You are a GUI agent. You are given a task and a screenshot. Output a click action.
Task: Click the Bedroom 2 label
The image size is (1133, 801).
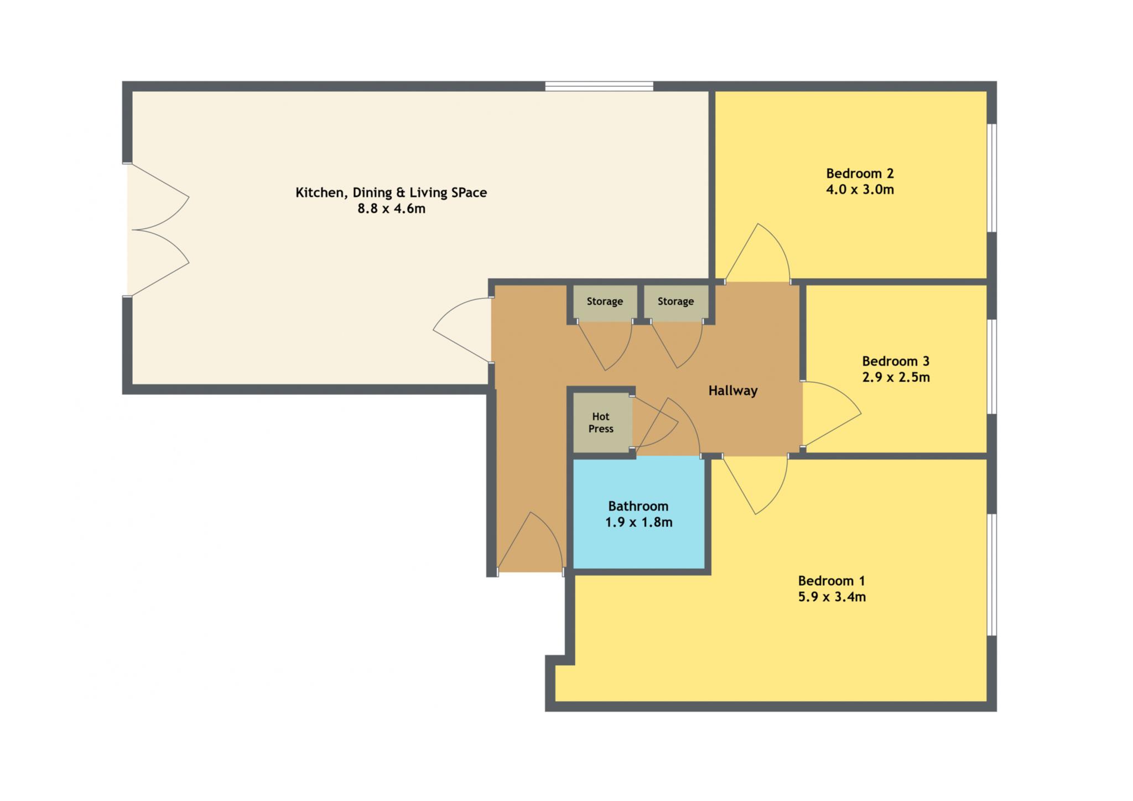[860, 174]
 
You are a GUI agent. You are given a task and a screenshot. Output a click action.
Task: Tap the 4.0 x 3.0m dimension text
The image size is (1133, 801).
[860, 190]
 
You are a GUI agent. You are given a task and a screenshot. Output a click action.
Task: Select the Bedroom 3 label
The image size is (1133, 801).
[896, 362]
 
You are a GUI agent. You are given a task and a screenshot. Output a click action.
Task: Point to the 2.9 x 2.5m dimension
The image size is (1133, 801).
[896, 378]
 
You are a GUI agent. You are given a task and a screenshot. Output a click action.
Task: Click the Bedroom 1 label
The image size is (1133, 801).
[831, 581]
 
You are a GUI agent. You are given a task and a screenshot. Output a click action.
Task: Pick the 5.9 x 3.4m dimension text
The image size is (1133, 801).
[831, 597]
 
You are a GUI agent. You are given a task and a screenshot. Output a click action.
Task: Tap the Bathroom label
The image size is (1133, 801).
[638, 506]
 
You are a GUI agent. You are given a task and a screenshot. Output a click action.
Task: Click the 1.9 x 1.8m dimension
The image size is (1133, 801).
[638, 522]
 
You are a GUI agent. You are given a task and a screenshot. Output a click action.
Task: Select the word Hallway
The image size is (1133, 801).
[733, 391]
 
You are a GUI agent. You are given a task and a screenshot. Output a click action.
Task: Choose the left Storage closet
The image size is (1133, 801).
[605, 303]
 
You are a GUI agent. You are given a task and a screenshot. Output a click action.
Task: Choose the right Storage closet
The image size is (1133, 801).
[676, 303]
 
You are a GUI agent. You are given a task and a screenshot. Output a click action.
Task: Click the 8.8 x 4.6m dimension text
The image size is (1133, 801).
[391, 209]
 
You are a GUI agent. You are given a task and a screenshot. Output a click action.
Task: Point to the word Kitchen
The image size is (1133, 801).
[318, 193]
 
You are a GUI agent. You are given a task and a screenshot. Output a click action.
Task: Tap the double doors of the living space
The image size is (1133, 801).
[158, 230]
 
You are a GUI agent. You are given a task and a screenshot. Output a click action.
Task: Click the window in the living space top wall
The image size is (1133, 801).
[599, 86]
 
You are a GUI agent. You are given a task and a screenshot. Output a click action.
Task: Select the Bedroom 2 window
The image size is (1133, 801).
[992, 178]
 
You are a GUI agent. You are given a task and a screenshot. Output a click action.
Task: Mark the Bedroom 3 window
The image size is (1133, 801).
[992, 366]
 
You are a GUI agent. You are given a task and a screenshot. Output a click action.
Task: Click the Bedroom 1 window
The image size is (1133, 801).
[992, 575]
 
